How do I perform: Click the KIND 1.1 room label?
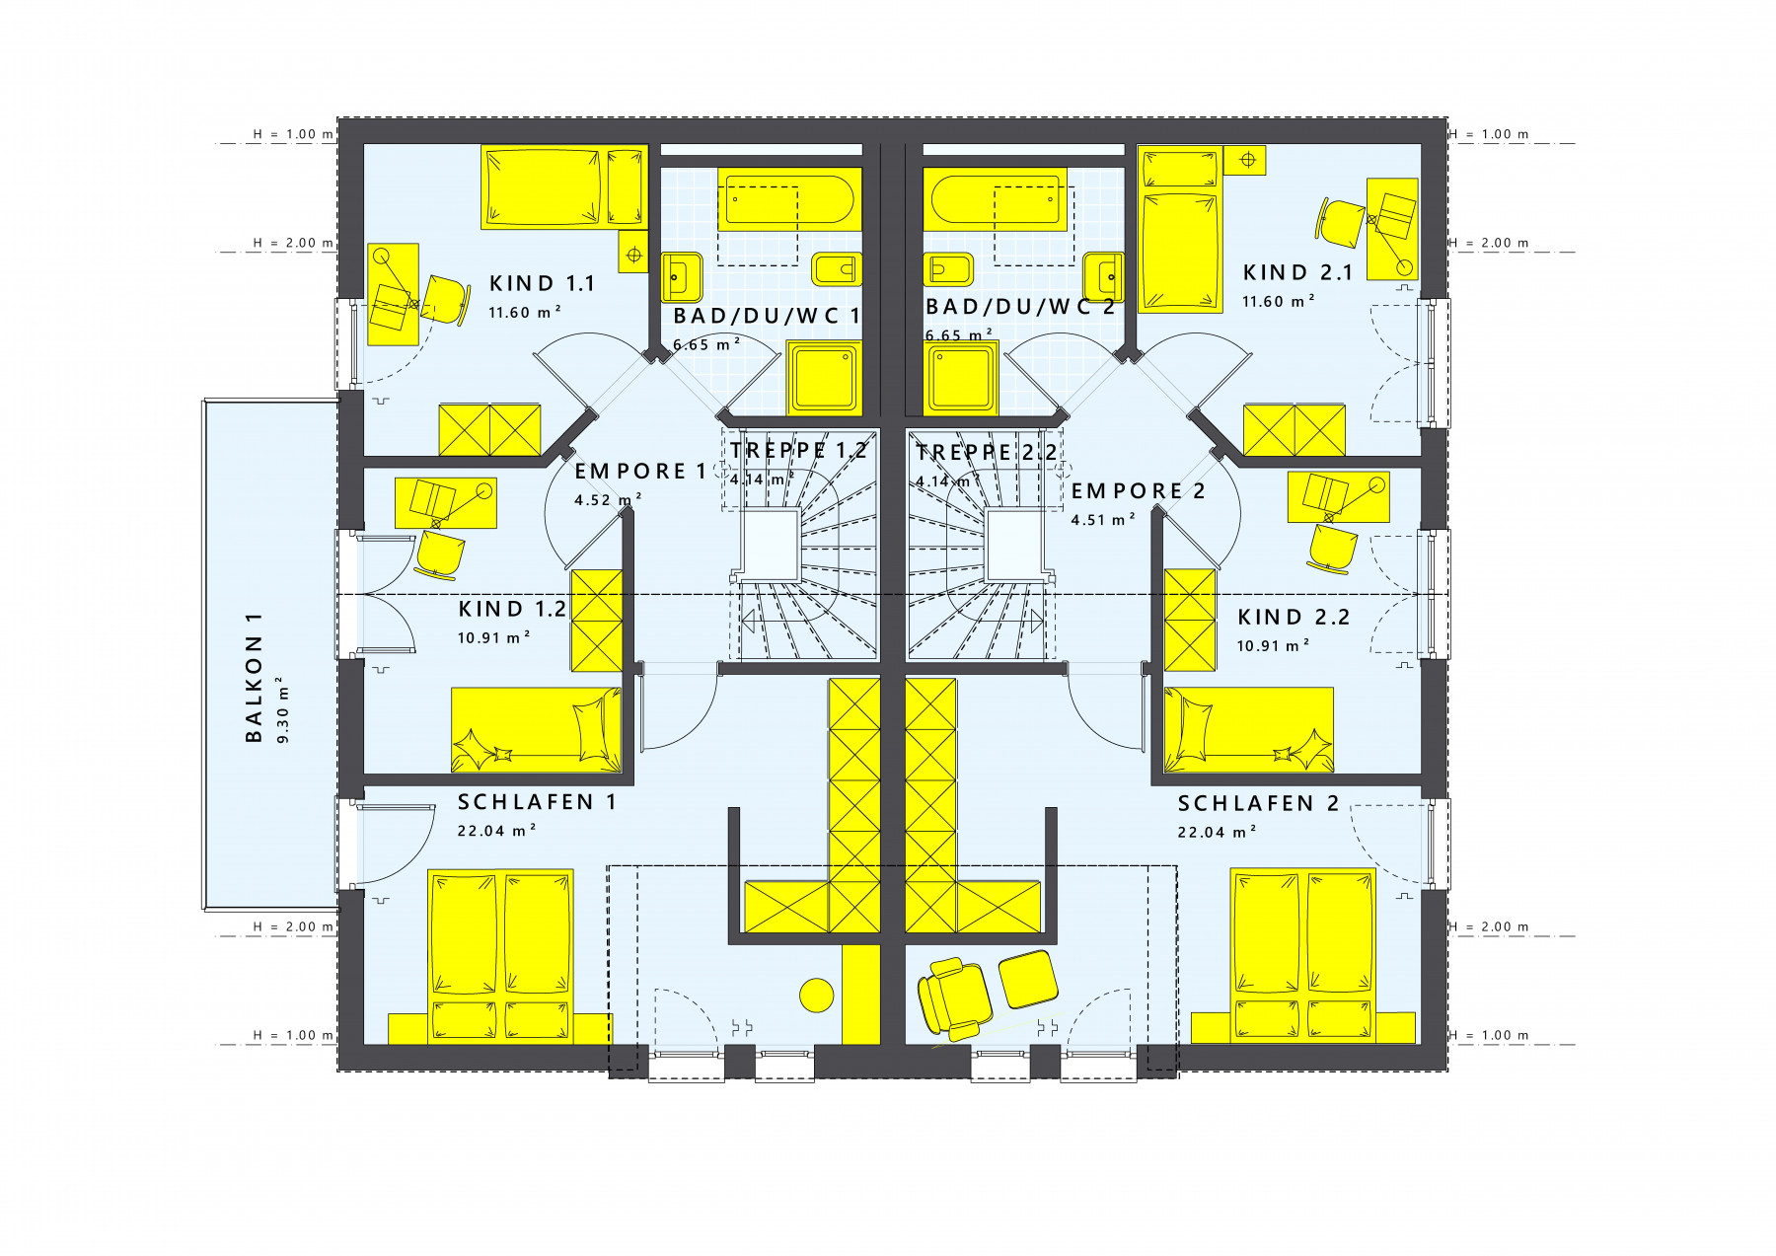542,284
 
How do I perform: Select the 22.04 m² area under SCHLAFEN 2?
1217,832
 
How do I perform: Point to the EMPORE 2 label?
1138,491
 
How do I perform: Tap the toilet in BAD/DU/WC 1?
837,268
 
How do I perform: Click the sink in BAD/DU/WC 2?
1103,276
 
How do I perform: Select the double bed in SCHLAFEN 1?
500,955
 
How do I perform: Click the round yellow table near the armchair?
817,995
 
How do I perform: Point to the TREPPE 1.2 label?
798,451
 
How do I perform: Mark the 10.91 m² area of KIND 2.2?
1273,645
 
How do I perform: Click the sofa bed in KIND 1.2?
537,730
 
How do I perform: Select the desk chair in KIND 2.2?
1333,549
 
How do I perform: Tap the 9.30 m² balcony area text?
283,709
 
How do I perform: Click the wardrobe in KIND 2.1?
1294,429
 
